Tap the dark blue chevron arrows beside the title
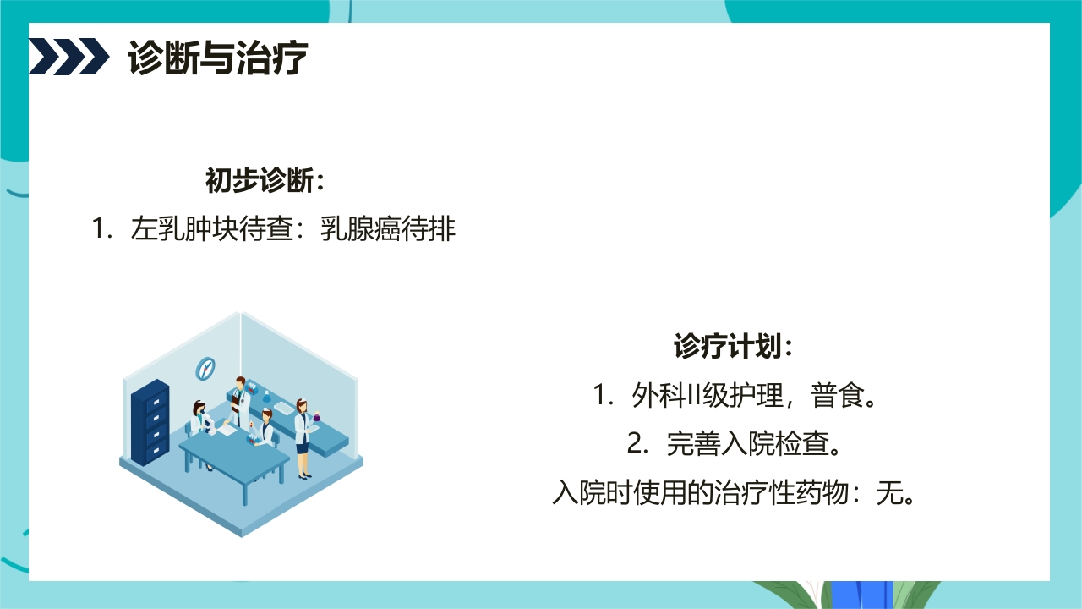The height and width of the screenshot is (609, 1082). [x=68, y=57]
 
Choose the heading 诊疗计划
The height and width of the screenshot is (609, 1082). [x=734, y=347]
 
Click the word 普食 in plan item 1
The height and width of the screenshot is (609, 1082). [x=837, y=395]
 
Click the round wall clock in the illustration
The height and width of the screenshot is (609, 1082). [x=205, y=368]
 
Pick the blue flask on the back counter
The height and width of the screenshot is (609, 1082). [x=267, y=396]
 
